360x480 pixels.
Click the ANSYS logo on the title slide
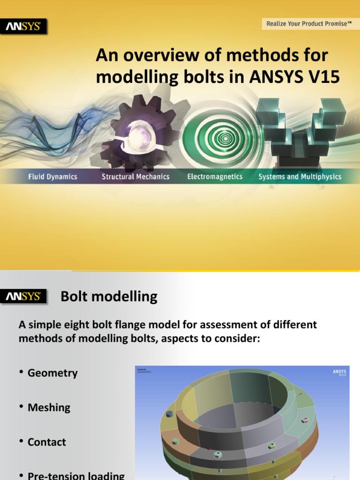point(25,27)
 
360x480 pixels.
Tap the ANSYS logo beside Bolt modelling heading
point(25,296)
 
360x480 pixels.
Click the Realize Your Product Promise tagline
point(309,23)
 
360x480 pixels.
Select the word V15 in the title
point(323,76)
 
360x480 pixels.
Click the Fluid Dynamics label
point(52,177)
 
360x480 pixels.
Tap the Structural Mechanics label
point(135,177)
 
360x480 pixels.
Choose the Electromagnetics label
point(215,177)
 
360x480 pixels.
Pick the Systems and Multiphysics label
point(300,177)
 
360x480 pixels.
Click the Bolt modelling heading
point(109,296)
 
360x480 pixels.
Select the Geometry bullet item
point(52,373)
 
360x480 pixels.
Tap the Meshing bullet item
point(49,407)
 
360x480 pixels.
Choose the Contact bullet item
point(47,442)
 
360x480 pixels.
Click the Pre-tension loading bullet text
point(76,475)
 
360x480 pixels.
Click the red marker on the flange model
point(209,448)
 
